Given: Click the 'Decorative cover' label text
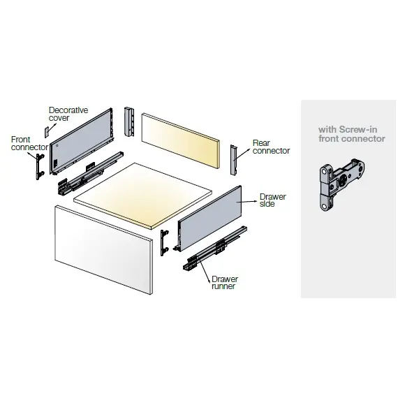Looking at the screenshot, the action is [68, 114].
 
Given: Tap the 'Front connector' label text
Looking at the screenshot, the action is [30, 143].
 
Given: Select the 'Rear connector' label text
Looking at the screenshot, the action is [271, 147].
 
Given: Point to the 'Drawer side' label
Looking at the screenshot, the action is [272, 200].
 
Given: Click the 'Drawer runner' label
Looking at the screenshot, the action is [225, 283].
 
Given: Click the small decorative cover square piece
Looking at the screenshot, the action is [47, 132].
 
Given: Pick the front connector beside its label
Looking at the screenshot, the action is [40, 166].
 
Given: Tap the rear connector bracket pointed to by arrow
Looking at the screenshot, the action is [233, 160].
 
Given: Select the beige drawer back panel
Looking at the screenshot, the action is [180, 140].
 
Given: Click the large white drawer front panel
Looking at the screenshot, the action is [103, 250].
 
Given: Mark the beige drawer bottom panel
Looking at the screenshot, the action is [142, 196].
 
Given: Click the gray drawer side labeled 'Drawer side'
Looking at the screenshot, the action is [210, 219].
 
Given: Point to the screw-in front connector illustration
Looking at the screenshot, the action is [342, 184].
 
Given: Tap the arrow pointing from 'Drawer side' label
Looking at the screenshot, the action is [246, 202].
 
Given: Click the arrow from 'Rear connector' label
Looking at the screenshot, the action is [242, 154].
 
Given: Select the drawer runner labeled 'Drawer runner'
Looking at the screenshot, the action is [215, 248].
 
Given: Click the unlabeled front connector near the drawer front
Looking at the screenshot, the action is [164, 243].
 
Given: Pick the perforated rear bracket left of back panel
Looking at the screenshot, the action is [129, 122].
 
